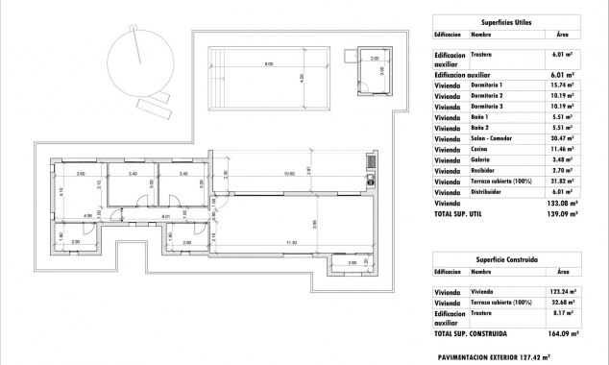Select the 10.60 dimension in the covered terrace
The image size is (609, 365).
tap(288, 174)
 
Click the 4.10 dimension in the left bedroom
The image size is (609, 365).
tap(60, 193)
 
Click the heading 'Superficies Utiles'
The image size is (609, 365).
tap(505, 20)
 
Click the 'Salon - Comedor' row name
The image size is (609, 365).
tap(492, 139)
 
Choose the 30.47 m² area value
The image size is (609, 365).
tap(561, 139)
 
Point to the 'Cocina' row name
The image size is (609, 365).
tap(480, 150)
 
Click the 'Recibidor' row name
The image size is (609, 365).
tap(484, 171)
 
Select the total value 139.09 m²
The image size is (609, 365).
tap(561, 214)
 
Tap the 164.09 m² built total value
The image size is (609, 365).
tap(561, 334)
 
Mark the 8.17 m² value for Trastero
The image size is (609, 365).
tap(563, 312)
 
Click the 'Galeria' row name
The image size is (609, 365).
tap(481, 160)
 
